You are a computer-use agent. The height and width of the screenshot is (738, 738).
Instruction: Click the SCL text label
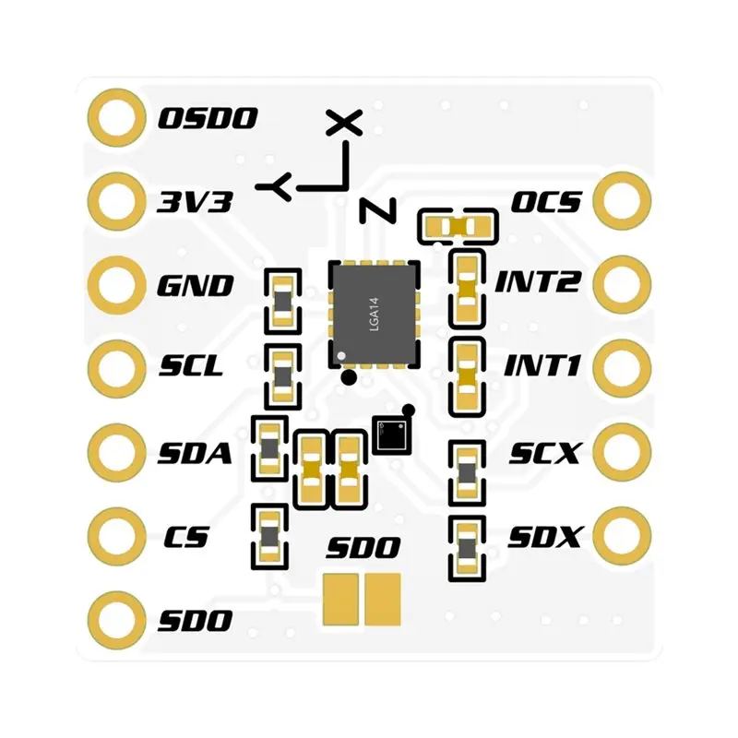coord(191,365)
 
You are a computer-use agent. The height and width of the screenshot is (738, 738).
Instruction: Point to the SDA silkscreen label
coord(195,453)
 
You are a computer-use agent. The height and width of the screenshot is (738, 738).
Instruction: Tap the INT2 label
coord(537,281)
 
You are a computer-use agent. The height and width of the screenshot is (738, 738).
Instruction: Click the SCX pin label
coord(544,453)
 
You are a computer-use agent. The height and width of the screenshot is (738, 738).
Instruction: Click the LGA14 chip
coord(374,314)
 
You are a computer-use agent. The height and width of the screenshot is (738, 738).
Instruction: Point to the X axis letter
coord(345,123)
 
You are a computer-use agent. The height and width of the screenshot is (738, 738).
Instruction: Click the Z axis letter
coord(378,210)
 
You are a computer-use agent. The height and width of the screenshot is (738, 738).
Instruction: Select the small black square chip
coord(391,435)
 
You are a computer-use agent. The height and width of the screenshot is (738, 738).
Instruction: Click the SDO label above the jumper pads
coord(363,547)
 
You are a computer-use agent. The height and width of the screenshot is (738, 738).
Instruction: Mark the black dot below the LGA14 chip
coord(349,377)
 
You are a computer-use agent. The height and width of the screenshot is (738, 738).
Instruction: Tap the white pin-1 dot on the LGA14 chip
coord(341,355)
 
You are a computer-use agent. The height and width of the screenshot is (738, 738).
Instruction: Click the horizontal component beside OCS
coord(458,227)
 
